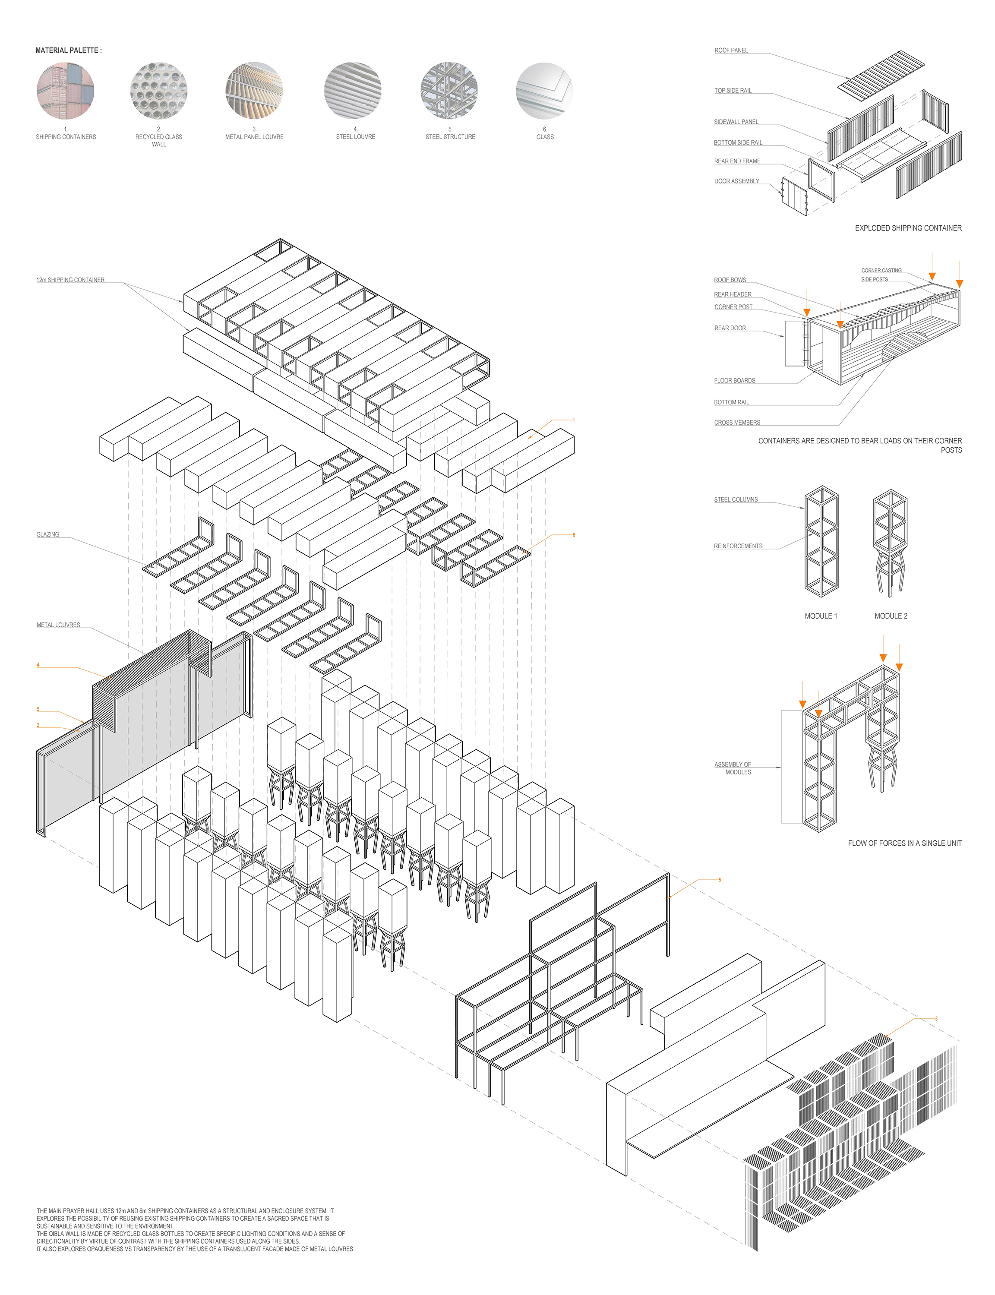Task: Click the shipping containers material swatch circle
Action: [65, 91]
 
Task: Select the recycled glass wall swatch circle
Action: [159, 91]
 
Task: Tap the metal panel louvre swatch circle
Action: [254, 91]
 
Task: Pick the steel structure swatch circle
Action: [449, 91]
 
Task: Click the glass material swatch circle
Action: [544, 91]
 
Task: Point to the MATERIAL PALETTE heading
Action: [68, 51]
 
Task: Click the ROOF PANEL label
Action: [731, 51]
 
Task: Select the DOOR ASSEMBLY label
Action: [736, 181]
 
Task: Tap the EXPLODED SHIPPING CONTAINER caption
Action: [908, 228]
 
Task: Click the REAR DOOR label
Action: [730, 328]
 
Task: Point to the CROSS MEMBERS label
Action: [737, 423]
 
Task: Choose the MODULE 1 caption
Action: [820, 616]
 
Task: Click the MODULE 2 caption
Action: [891, 616]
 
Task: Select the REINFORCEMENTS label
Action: [738, 546]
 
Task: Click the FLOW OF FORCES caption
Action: [904, 843]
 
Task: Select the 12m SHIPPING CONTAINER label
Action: [70, 280]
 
